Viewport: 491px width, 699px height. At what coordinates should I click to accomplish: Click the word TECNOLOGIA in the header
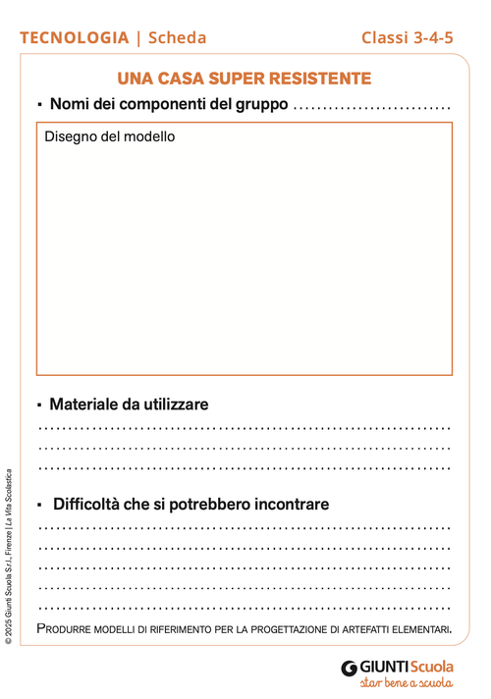tap(74, 38)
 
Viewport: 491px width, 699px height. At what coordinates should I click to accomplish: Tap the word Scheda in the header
tap(178, 38)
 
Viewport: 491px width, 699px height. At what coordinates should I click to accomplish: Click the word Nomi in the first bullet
tap(70, 104)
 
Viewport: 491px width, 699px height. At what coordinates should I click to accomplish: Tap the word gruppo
tap(258, 104)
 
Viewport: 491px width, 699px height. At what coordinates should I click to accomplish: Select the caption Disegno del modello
tap(110, 136)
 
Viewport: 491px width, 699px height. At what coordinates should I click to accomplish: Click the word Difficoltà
tap(87, 505)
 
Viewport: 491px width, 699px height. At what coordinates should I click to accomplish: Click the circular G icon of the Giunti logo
tap(349, 668)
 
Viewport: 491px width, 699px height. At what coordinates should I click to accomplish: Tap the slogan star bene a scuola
tap(407, 683)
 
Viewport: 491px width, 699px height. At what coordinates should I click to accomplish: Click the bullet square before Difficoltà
tap(40, 506)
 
